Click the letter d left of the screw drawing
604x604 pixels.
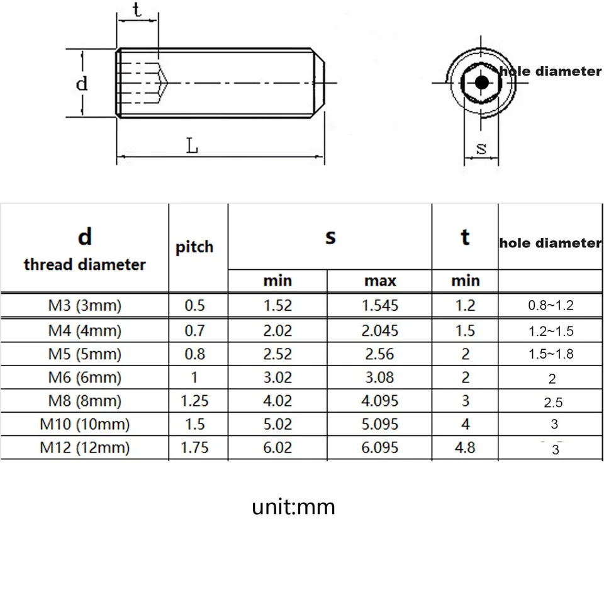82,83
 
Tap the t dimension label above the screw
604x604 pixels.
136,11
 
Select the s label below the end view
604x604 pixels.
481,148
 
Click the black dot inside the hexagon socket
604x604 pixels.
481,82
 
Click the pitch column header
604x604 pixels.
194,247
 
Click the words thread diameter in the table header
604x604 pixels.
85,264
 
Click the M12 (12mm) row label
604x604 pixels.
84,447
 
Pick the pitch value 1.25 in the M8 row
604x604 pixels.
194,401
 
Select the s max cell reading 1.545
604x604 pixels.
381,306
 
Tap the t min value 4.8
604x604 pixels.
466,447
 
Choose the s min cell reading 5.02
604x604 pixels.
277,424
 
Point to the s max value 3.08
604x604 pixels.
381,377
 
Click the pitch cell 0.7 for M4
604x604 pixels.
194,330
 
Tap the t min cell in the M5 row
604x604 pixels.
466,354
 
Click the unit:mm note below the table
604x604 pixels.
293,507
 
